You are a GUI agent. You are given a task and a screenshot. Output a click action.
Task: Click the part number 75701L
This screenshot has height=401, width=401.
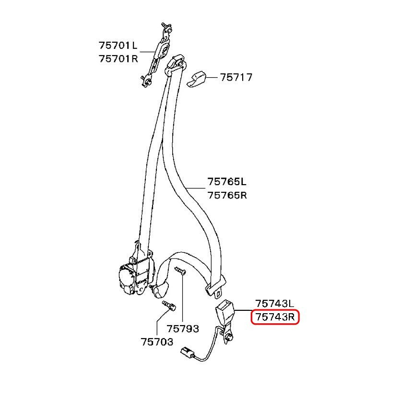click(x=118, y=46)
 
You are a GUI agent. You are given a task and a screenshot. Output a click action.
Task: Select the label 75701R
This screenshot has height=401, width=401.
click(x=118, y=59)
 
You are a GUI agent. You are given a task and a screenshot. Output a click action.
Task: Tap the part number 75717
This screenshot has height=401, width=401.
click(x=236, y=77)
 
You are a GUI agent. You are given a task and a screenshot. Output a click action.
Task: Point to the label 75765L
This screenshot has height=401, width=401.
click(x=227, y=182)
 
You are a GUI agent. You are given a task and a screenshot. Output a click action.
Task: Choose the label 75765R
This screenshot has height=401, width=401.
click(x=227, y=195)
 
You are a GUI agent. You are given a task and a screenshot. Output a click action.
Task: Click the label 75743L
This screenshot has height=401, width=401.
click(x=275, y=304)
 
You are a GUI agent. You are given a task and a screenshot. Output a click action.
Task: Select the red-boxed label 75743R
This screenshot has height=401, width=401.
click(x=275, y=317)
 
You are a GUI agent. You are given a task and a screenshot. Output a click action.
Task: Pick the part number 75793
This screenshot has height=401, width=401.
click(x=183, y=329)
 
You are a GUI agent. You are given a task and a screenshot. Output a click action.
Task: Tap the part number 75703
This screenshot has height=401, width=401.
click(x=157, y=342)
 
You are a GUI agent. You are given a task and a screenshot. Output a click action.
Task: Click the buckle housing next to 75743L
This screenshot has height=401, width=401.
click(x=225, y=311)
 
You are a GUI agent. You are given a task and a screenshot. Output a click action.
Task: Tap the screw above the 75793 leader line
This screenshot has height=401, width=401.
click(x=180, y=271)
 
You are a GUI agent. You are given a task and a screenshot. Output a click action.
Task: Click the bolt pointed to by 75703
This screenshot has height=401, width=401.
click(x=169, y=306)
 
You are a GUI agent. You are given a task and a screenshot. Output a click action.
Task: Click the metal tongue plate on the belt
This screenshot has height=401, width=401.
click(x=216, y=287)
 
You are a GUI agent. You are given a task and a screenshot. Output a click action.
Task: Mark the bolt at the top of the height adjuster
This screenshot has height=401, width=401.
click(x=166, y=27)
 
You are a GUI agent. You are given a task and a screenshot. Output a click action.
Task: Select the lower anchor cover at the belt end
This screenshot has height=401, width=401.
click(x=160, y=290)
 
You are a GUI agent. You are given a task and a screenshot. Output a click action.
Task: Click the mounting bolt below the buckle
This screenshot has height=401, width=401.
click(x=229, y=337)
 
